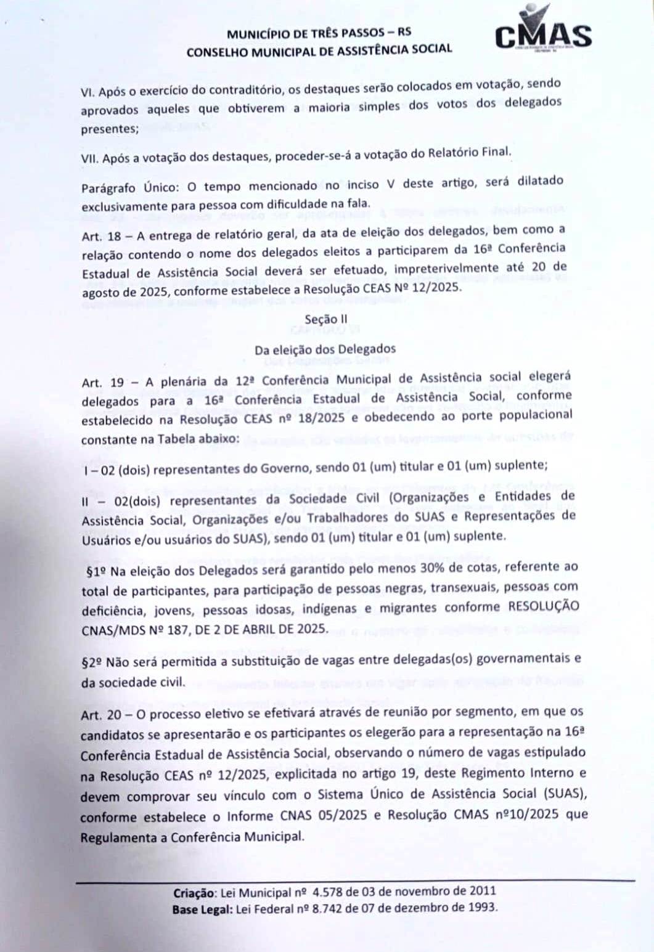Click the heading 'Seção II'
322,320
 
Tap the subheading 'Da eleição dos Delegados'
325,349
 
